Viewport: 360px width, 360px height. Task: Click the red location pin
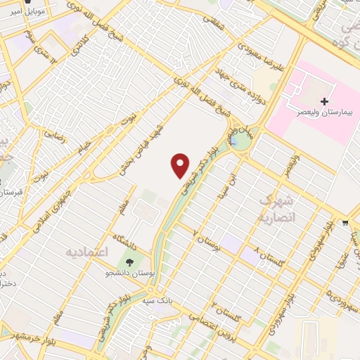(181, 165)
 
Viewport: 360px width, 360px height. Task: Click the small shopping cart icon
(345, 223)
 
